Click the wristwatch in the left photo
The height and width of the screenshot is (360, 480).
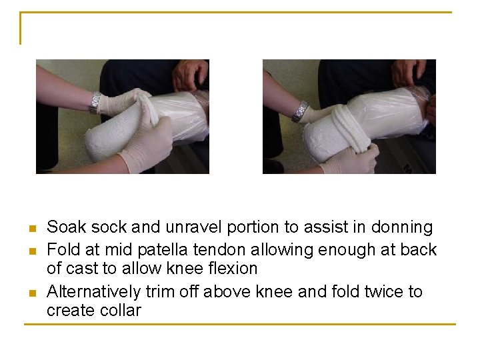click(x=96, y=102)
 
